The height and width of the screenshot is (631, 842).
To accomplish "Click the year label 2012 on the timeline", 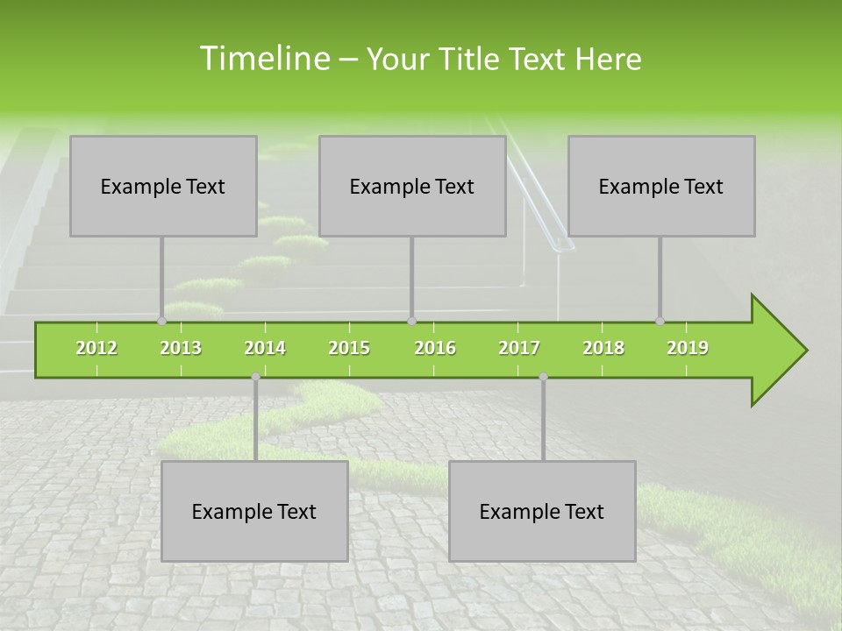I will [96, 348].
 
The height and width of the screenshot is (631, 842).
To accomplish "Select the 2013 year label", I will [181, 348].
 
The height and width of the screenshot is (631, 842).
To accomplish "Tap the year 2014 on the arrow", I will [265, 348].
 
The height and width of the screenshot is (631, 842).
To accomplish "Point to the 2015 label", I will [349, 348].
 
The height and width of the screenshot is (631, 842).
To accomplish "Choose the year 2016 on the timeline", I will [435, 348].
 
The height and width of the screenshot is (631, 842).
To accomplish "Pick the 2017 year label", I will [519, 348].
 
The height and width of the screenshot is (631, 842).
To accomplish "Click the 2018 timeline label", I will [603, 348].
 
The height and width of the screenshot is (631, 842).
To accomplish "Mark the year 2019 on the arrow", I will [688, 348].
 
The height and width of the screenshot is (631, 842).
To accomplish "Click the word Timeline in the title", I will [263, 59].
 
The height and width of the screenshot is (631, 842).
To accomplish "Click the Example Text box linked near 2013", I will [163, 186].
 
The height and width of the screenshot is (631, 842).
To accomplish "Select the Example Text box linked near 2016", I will [412, 186].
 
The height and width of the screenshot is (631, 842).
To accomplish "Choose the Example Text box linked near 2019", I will [661, 186].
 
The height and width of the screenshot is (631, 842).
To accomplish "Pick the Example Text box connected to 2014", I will [254, 511].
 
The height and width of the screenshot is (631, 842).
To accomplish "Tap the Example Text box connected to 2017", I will [542, 511].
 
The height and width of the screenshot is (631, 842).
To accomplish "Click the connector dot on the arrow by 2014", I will [255, 377].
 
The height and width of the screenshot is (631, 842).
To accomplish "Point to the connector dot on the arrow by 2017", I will [543, 377].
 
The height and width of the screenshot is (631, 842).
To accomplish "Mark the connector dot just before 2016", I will [411, 321].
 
